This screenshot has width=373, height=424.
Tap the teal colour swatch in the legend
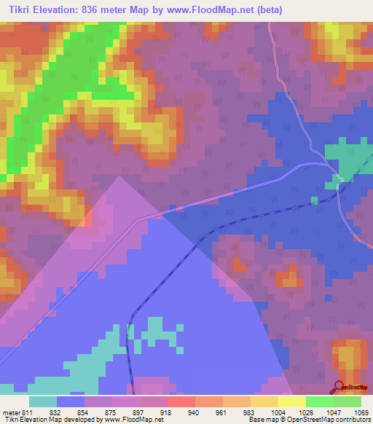pos(43,401)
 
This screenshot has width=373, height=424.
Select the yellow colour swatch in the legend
pos(292,401)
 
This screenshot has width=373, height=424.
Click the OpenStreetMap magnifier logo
pos(339,385)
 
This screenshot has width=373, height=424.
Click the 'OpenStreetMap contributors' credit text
pos(329,420)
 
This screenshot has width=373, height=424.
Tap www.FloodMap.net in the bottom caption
pos(130,420)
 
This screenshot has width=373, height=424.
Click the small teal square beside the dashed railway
pos(314,200)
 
